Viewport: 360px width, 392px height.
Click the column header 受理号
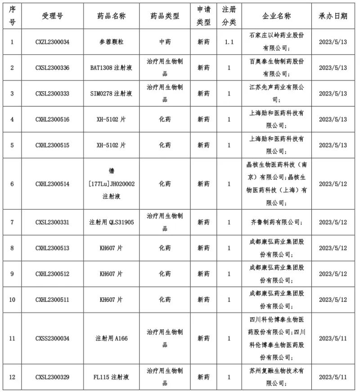click(x=52, y=16)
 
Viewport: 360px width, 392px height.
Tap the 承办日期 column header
click(x=333, y=16)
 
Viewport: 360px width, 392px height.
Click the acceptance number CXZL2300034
click(x=52, y=42)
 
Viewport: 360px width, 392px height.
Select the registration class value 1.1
click(x=229, y=42)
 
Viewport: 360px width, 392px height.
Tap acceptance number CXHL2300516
click(x=52, y=120)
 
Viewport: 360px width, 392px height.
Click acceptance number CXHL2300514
click(x=52, y=184)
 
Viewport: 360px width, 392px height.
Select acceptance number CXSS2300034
click(x=52, y=338)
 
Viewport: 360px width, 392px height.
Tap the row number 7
click(x=12, y=222)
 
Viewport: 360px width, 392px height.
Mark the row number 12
click(x=12, y=377)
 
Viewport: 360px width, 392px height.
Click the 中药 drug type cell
click(x=165, y=42)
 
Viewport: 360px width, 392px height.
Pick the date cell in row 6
click(x=333, y=184)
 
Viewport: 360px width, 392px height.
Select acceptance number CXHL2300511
click(x=52, y=299)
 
